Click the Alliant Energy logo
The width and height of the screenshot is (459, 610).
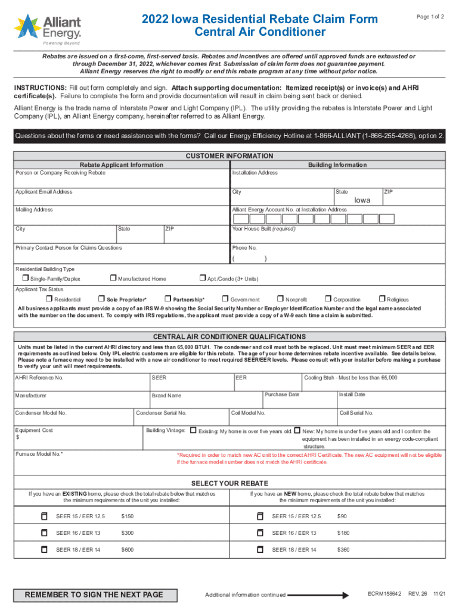click(x=48, y=27)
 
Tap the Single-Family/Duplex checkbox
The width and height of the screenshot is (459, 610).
click(x=26, y=278)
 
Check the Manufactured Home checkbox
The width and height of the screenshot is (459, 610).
click(x=113, y=278)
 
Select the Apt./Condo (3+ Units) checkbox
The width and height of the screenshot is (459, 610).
click(x=202, y=278)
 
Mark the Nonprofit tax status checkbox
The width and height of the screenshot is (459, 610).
click(x=280, y=299)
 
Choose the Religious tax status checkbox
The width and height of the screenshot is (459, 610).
click(x=382, y=299)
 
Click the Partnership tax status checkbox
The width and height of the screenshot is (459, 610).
click(x=168, y=299)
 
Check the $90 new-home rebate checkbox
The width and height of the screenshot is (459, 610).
click(x=259, y=516)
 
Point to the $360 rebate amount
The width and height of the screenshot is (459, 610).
click(x=343, y=549)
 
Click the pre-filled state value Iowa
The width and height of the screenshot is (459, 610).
click(x=362, y=200)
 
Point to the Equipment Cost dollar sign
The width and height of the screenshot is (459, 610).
click(x=17, y=438)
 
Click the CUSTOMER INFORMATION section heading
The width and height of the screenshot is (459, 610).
click(x=229, y=156)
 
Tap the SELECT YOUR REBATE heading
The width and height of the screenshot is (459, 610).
click(x=229, y=483)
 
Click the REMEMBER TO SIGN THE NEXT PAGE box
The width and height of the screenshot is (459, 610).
click(x=94, y=595)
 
